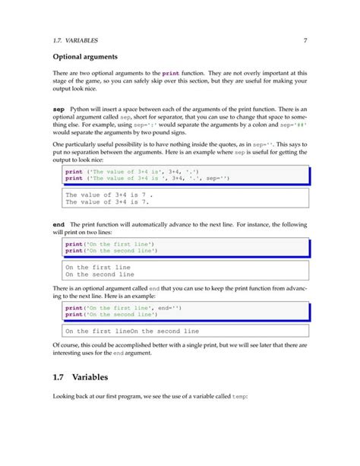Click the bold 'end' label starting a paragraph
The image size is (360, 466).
pyautogui.click(x=58, y=226)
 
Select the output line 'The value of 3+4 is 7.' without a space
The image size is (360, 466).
pyautogui.click(x=108, y=203)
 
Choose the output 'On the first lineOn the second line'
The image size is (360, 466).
pyautogui.click(x=132, y=331)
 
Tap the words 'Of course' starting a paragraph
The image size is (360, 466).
pyautogui.click(x=70, y=345)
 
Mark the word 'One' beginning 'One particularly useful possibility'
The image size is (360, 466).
pyautogui.click(x=58, y=143)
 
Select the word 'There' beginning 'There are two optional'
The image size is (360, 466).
pyautogui.click(x=62, y=72)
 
